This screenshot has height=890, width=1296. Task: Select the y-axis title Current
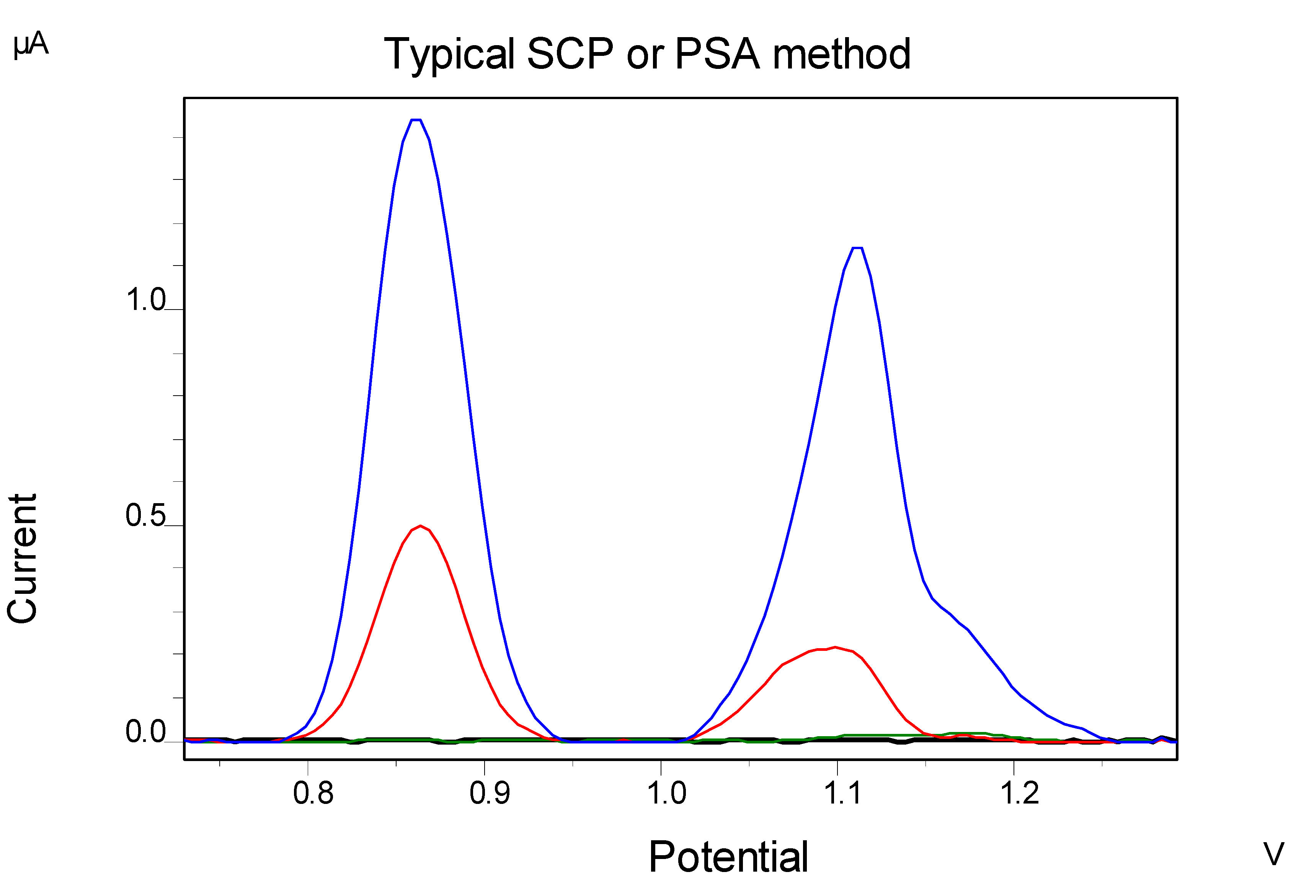point(22,559)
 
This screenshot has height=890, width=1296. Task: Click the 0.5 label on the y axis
point(145,515)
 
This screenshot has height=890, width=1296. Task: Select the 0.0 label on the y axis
point(145,732)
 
